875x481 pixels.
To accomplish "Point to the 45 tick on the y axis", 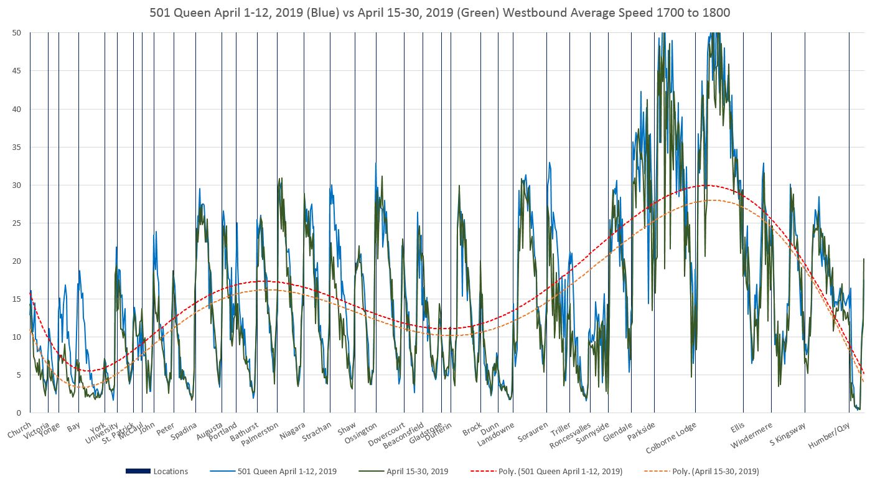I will (17, 71).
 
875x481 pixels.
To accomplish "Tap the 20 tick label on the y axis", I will (17, 261).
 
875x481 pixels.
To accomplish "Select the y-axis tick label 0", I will (19, 413).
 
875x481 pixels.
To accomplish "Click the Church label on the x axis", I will (19, 430).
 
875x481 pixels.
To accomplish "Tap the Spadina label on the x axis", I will (184, 431).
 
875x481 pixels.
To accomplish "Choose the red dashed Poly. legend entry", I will (566, 471).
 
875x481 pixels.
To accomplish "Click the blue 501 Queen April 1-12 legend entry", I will (287, 471).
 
